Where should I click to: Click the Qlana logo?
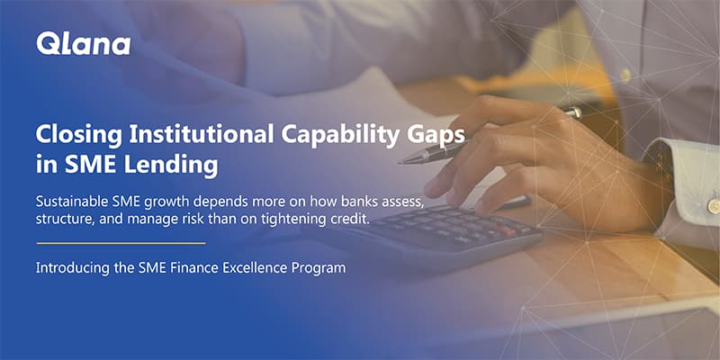tap(83, 43)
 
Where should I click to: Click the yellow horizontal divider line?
tap(121, 243)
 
